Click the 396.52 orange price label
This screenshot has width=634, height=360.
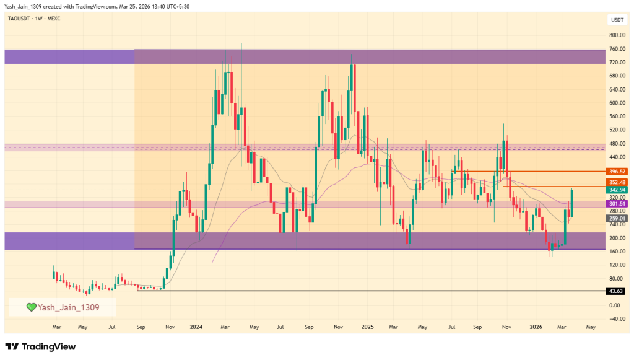click(616, 172)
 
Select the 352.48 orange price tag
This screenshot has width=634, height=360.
click(616, 182)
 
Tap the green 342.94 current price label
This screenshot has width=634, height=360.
click(616, 189)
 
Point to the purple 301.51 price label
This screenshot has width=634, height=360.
click(616, 203)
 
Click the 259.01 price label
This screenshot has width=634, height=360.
click(616, 218)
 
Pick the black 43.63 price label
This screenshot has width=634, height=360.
click(616, 291)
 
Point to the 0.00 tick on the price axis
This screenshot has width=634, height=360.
click(616, 305)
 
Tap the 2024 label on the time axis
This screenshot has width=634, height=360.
click(197, 326)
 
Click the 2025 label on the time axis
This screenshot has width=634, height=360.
click(368, 326)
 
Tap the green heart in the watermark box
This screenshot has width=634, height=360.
click(30, 307)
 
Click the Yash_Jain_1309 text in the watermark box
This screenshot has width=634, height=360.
click(68, 307)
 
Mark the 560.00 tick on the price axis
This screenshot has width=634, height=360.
click(616, 116)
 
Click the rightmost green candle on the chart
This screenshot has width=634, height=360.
click(571, 203)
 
